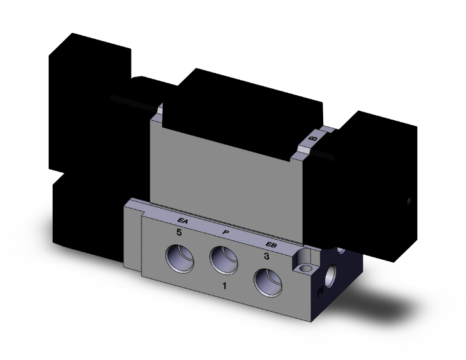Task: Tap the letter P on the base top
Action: [x=226, y=232]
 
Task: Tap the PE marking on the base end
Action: [x=321, y=290]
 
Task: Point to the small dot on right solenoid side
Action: [x=409, y=202]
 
